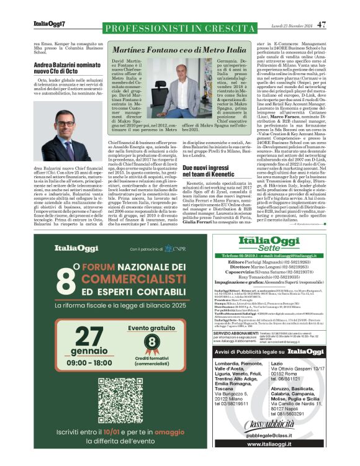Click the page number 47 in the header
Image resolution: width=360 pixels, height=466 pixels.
click(322, 25)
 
